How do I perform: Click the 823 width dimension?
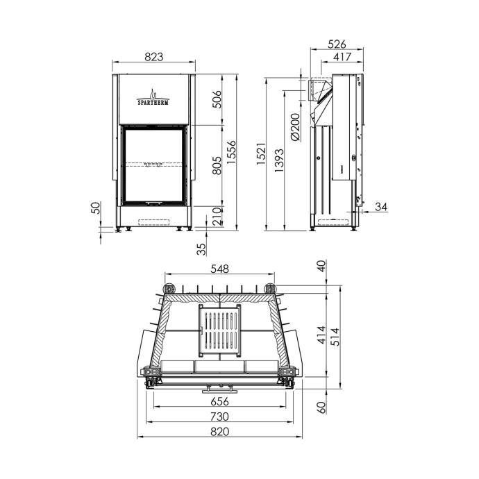coord(154,57)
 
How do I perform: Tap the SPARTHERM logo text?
coord(153,102)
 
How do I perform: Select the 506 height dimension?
coord(217,99)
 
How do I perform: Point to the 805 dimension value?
coord(217,165)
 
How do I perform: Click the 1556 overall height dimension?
coord(232,152)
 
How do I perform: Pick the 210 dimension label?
coord(217,217)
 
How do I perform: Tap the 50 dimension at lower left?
coord(96,208)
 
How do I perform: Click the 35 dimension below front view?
coord(201,249)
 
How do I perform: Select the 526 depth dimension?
coord(337,44)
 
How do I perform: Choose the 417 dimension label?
coord(342,57)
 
